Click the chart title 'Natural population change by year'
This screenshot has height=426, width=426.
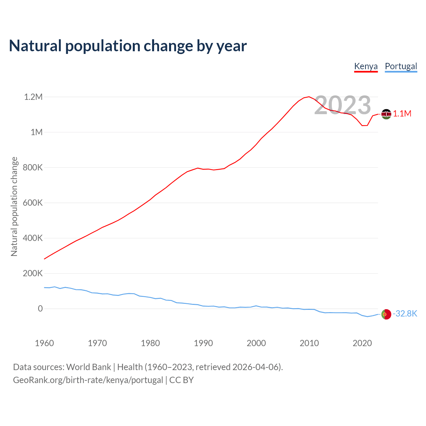click(x=128, y=46)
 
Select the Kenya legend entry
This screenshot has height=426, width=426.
click(x=366, y=66)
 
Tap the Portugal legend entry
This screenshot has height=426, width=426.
click(x=401, y=66)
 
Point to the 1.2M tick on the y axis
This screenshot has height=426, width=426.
click(x=33, y=97)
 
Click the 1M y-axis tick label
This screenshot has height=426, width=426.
click(x=37, y=132)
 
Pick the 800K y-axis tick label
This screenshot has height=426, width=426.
click(x=33, y=167)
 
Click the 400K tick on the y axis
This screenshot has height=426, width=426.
click(x=33, y=238)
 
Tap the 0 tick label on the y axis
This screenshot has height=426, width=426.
click(x=40, y=309)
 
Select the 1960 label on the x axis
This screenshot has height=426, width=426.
click(x=44, y=343)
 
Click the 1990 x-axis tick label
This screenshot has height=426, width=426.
click(x=203, y=343)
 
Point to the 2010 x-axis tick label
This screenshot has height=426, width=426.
click(x=309, y=343)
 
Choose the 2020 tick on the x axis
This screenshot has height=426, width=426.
click(x=362, y=343)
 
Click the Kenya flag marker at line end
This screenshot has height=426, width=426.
click(x=386, y=114)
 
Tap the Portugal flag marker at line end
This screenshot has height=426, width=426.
click(x=386, y=314)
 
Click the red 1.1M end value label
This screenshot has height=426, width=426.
click(x=402, y=114)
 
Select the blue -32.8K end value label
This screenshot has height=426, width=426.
click(x=405, y=314)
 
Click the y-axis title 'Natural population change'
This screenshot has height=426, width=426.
click(x=14, y=206)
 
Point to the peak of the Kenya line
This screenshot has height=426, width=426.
click(x=309, y=97)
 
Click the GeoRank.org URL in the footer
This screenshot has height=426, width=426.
click(x=88, y=380)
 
